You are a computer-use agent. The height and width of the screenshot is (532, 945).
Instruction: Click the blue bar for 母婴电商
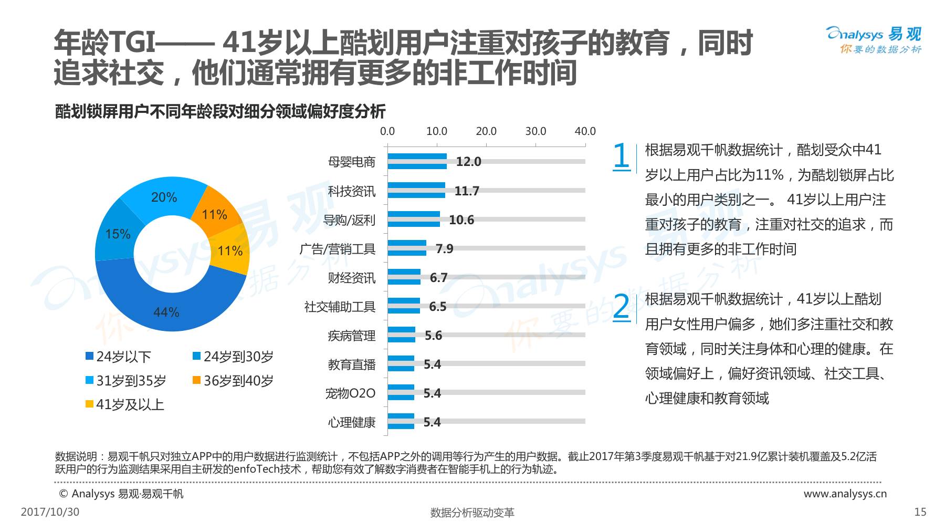click(x=417, y=161)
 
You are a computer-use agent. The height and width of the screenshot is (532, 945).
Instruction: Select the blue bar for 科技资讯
click(x=416, y=190)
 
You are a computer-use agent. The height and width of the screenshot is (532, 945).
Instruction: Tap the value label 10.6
click(x=461, y=220)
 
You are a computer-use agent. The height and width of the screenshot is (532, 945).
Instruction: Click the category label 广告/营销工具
click(x=338, y=248)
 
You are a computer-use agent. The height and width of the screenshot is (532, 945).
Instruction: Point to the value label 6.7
click(x=438, y=277)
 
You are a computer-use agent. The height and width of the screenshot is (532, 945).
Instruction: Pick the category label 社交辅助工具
click(x=340, y=306)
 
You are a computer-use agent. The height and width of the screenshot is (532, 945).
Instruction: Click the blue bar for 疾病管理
click(x=402, y=335)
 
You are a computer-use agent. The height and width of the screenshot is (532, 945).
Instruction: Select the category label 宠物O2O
click(x=350, y=393)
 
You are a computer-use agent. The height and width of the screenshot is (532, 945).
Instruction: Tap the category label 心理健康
click(x=352, y=422)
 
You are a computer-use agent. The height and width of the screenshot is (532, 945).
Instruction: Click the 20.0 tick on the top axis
click(x=486, y=131)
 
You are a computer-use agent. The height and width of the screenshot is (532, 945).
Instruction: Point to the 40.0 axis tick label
click(x=585, y=131)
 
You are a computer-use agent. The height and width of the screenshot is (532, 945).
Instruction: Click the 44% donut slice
click(x=166, y=312)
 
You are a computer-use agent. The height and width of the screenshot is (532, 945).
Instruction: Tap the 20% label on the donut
click(x=164, y=197)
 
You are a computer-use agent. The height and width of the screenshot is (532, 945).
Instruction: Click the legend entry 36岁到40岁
click(x=233, y=381)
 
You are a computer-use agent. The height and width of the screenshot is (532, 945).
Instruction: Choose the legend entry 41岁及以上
click(x=125, y=404)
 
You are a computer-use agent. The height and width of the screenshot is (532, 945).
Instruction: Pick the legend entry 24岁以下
click(x=118, y=357)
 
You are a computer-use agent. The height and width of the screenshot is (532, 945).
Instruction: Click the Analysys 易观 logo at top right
click(x=874, y=40)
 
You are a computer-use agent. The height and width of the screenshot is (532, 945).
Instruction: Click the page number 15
click(x=920, y=512)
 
